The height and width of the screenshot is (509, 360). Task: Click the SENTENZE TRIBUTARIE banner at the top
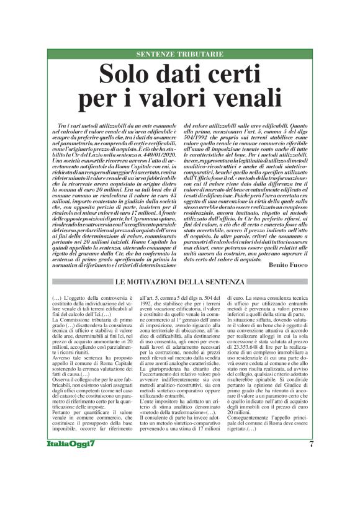(x=179, y=55)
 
